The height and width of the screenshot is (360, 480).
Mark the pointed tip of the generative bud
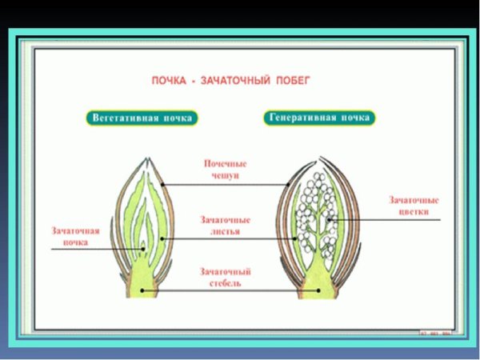(x=318, y=154)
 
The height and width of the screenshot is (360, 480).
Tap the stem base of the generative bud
(x=318, y=288)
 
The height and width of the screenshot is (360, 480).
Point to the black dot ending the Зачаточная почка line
(x=144, y=250)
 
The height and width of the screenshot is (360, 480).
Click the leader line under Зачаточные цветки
(x=400, y=218)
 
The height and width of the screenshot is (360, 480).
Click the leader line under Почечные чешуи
(x=228, y=184)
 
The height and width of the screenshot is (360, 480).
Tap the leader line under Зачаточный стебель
(x=228, y=291)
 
